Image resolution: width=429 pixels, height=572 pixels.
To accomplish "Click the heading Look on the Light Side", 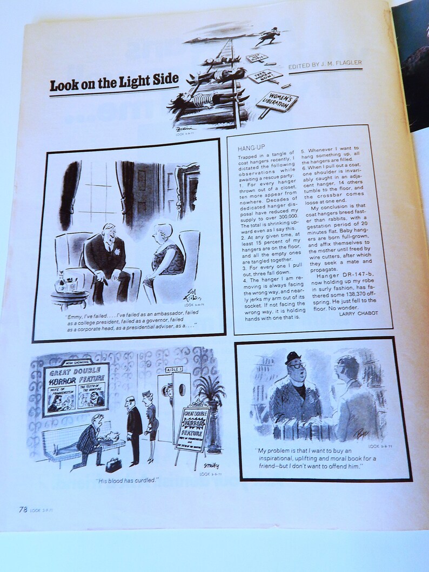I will [x=113, y=83].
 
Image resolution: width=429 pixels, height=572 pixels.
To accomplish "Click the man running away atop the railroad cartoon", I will [x=266, y=35].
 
